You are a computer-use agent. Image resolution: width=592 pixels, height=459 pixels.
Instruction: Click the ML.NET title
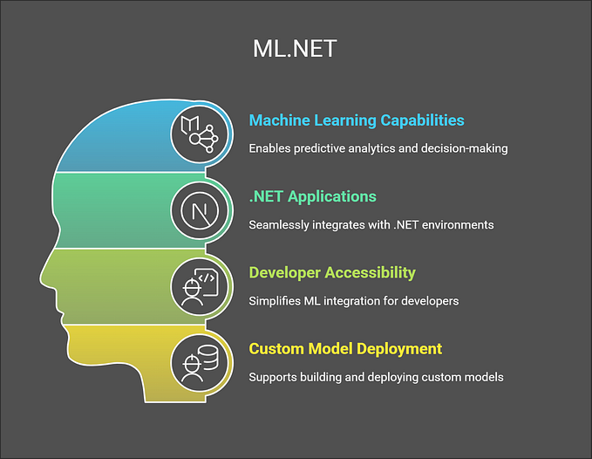coord(294,49)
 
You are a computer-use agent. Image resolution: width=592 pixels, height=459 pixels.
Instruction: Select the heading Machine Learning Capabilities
coord(356,120)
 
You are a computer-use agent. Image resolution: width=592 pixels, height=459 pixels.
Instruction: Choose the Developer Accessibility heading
coord(332,272)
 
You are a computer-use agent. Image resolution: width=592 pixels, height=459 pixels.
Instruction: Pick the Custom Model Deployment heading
coord(345,348)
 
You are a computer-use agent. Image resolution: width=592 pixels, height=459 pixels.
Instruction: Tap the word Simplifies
coord(276,300)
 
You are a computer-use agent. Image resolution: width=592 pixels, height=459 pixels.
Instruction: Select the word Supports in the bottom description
coord(273,377)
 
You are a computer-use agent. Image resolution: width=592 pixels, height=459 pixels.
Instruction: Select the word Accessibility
coord(371,272)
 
